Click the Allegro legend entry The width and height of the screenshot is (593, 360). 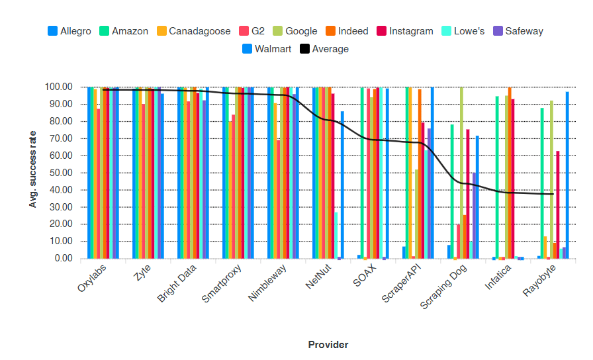pyautogui.click(x=69, y=31)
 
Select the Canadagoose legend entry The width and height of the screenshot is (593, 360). pyautogui.click(x=194, y=31)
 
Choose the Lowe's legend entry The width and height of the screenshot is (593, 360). pyautogui.click(x=464, y=31)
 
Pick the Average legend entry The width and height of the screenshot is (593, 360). pyautogui.click(x=324, y=48)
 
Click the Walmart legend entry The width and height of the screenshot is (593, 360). pyautogui.click(x=267, y=48)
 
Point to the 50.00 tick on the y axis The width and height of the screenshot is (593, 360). pyautogui.click(x=58, y=173)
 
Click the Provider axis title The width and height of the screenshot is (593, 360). pyautogui.click(x=328, y=344)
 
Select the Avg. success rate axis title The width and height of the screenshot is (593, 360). pyautogui.click(x=32, y=169)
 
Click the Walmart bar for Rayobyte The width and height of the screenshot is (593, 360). pyautogui.click(x=567, y=175)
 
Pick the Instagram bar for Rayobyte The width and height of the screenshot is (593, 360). pyautogui.click(x=558, y=205)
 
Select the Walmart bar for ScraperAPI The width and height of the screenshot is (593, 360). pyautogui.click(x=432, y=173)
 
